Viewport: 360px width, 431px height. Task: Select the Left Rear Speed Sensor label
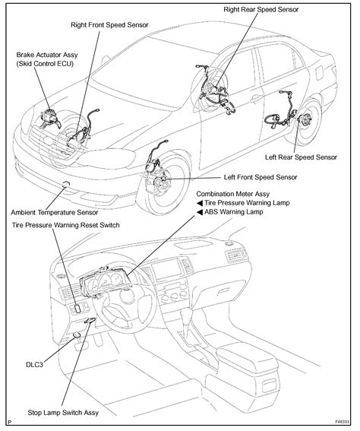[301, 157]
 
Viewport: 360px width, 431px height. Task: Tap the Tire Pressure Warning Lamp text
[244, 204]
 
